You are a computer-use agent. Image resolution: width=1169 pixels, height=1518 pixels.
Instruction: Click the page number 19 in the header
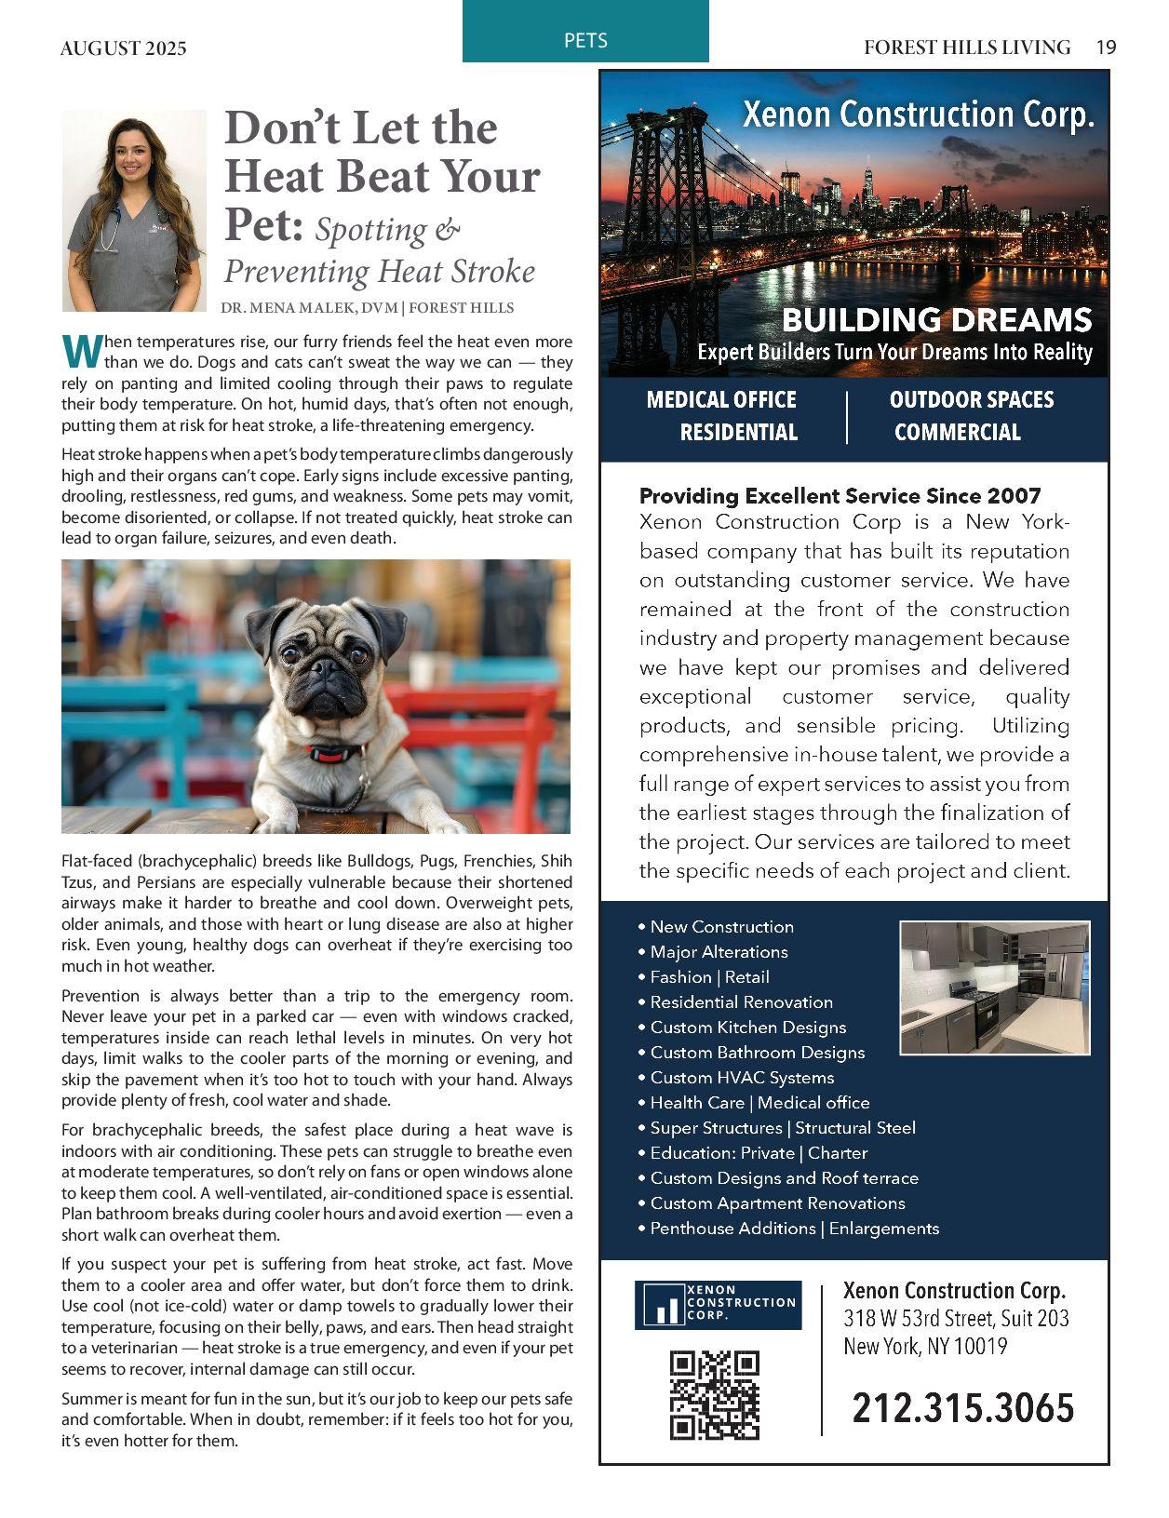(1106, 47)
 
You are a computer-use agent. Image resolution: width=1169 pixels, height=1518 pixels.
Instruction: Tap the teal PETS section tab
(585, 40)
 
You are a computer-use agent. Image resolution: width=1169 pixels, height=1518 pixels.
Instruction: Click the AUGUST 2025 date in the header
(123, 48)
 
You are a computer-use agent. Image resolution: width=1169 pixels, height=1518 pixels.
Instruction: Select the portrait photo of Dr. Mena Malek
(134, 210)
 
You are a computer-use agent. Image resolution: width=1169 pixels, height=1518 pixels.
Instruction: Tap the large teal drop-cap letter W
(80, 351)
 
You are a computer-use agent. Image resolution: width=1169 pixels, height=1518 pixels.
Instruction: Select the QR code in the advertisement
(715, 1394)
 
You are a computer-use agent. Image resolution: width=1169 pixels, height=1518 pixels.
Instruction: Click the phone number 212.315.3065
(962, 1407)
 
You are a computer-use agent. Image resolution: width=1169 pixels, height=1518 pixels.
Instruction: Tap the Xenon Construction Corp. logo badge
(718, 1305)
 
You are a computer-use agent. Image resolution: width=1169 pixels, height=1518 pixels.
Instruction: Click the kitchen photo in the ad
(994, 987)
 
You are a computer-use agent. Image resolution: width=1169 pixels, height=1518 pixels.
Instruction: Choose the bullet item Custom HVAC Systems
(742, 1078)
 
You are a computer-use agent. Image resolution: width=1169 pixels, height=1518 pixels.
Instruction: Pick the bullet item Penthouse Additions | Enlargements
(794, 1229)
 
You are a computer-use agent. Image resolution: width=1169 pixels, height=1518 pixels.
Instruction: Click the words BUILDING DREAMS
(935, 320)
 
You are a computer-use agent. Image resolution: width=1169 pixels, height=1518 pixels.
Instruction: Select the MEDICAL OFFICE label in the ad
(721, 400)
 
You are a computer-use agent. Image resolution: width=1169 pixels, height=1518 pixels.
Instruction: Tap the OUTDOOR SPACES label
(971, 400)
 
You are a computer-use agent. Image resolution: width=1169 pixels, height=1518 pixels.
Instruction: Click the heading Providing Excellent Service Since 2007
(840, 495)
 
